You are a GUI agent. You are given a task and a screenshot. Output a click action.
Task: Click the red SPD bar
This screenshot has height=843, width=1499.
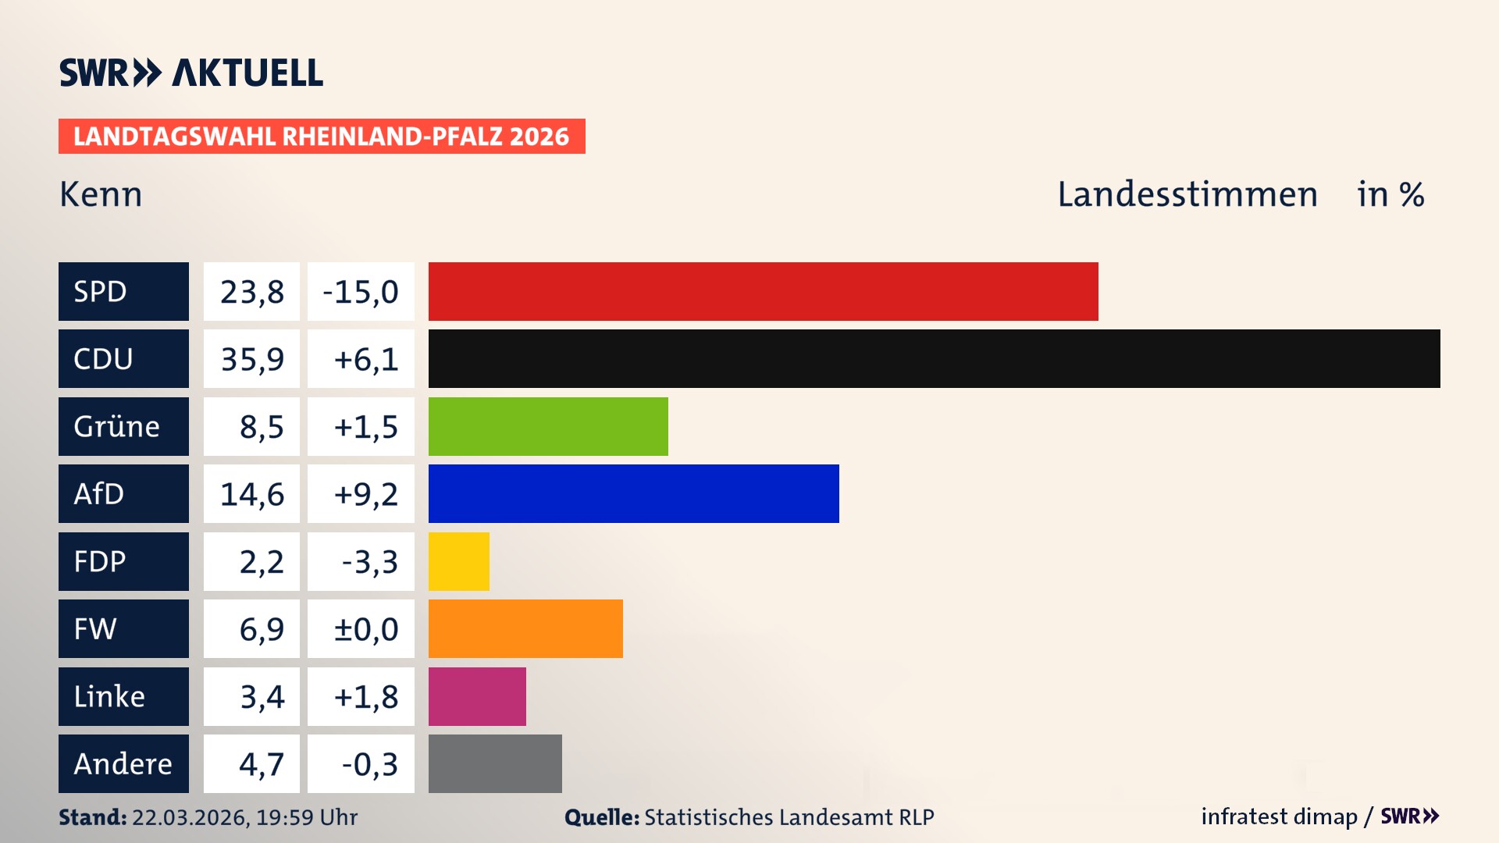click(x=763, y=291)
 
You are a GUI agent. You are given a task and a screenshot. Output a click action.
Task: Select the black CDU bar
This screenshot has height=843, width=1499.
click(x=934, y=358)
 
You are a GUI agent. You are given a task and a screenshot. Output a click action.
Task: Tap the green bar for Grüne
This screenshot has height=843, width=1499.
click(x=548, y=426)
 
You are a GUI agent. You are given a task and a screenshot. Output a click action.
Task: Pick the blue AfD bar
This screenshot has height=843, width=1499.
click(x=633, y=493)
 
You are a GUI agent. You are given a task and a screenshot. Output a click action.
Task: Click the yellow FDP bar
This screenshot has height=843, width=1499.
click(x=459, y=561)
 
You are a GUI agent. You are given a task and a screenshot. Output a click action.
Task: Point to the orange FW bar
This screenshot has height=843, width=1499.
click(x=525, y=628)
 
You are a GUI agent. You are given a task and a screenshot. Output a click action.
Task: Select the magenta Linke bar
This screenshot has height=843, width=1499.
click(x=477, y=696)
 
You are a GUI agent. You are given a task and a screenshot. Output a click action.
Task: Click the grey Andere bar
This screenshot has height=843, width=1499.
click(x=495, y=763)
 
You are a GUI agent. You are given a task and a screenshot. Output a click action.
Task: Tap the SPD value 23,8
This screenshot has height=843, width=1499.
click(x=251, y=292)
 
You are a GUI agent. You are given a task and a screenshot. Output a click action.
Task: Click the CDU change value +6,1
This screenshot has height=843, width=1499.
click(x=365, y=359)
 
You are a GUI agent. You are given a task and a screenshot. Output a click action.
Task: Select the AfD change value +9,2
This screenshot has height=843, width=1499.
click(x=365, y=494)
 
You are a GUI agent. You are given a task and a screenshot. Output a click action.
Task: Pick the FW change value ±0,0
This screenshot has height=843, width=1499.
click(x=365, y=629)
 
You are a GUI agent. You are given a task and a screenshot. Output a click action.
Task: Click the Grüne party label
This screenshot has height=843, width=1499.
click(x=117, y=426)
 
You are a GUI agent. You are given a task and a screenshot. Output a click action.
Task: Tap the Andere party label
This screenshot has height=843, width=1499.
click(x=123, y=763)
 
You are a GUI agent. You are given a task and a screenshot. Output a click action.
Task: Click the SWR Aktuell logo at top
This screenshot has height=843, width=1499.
click(x=191, y=73)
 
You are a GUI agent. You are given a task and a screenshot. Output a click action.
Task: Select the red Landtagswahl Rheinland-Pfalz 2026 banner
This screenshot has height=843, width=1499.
click(x=322, y=137)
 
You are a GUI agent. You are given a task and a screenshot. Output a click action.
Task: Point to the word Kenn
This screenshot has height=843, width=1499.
click(x=101, y=194)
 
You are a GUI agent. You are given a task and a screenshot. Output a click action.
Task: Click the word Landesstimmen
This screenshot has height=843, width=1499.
click(x=1187, y=194)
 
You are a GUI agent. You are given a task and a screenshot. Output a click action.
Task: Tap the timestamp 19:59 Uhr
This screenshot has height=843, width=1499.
click(x=307, y=817)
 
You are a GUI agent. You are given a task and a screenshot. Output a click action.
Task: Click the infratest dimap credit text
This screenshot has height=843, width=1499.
click(x=1279, y=816)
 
